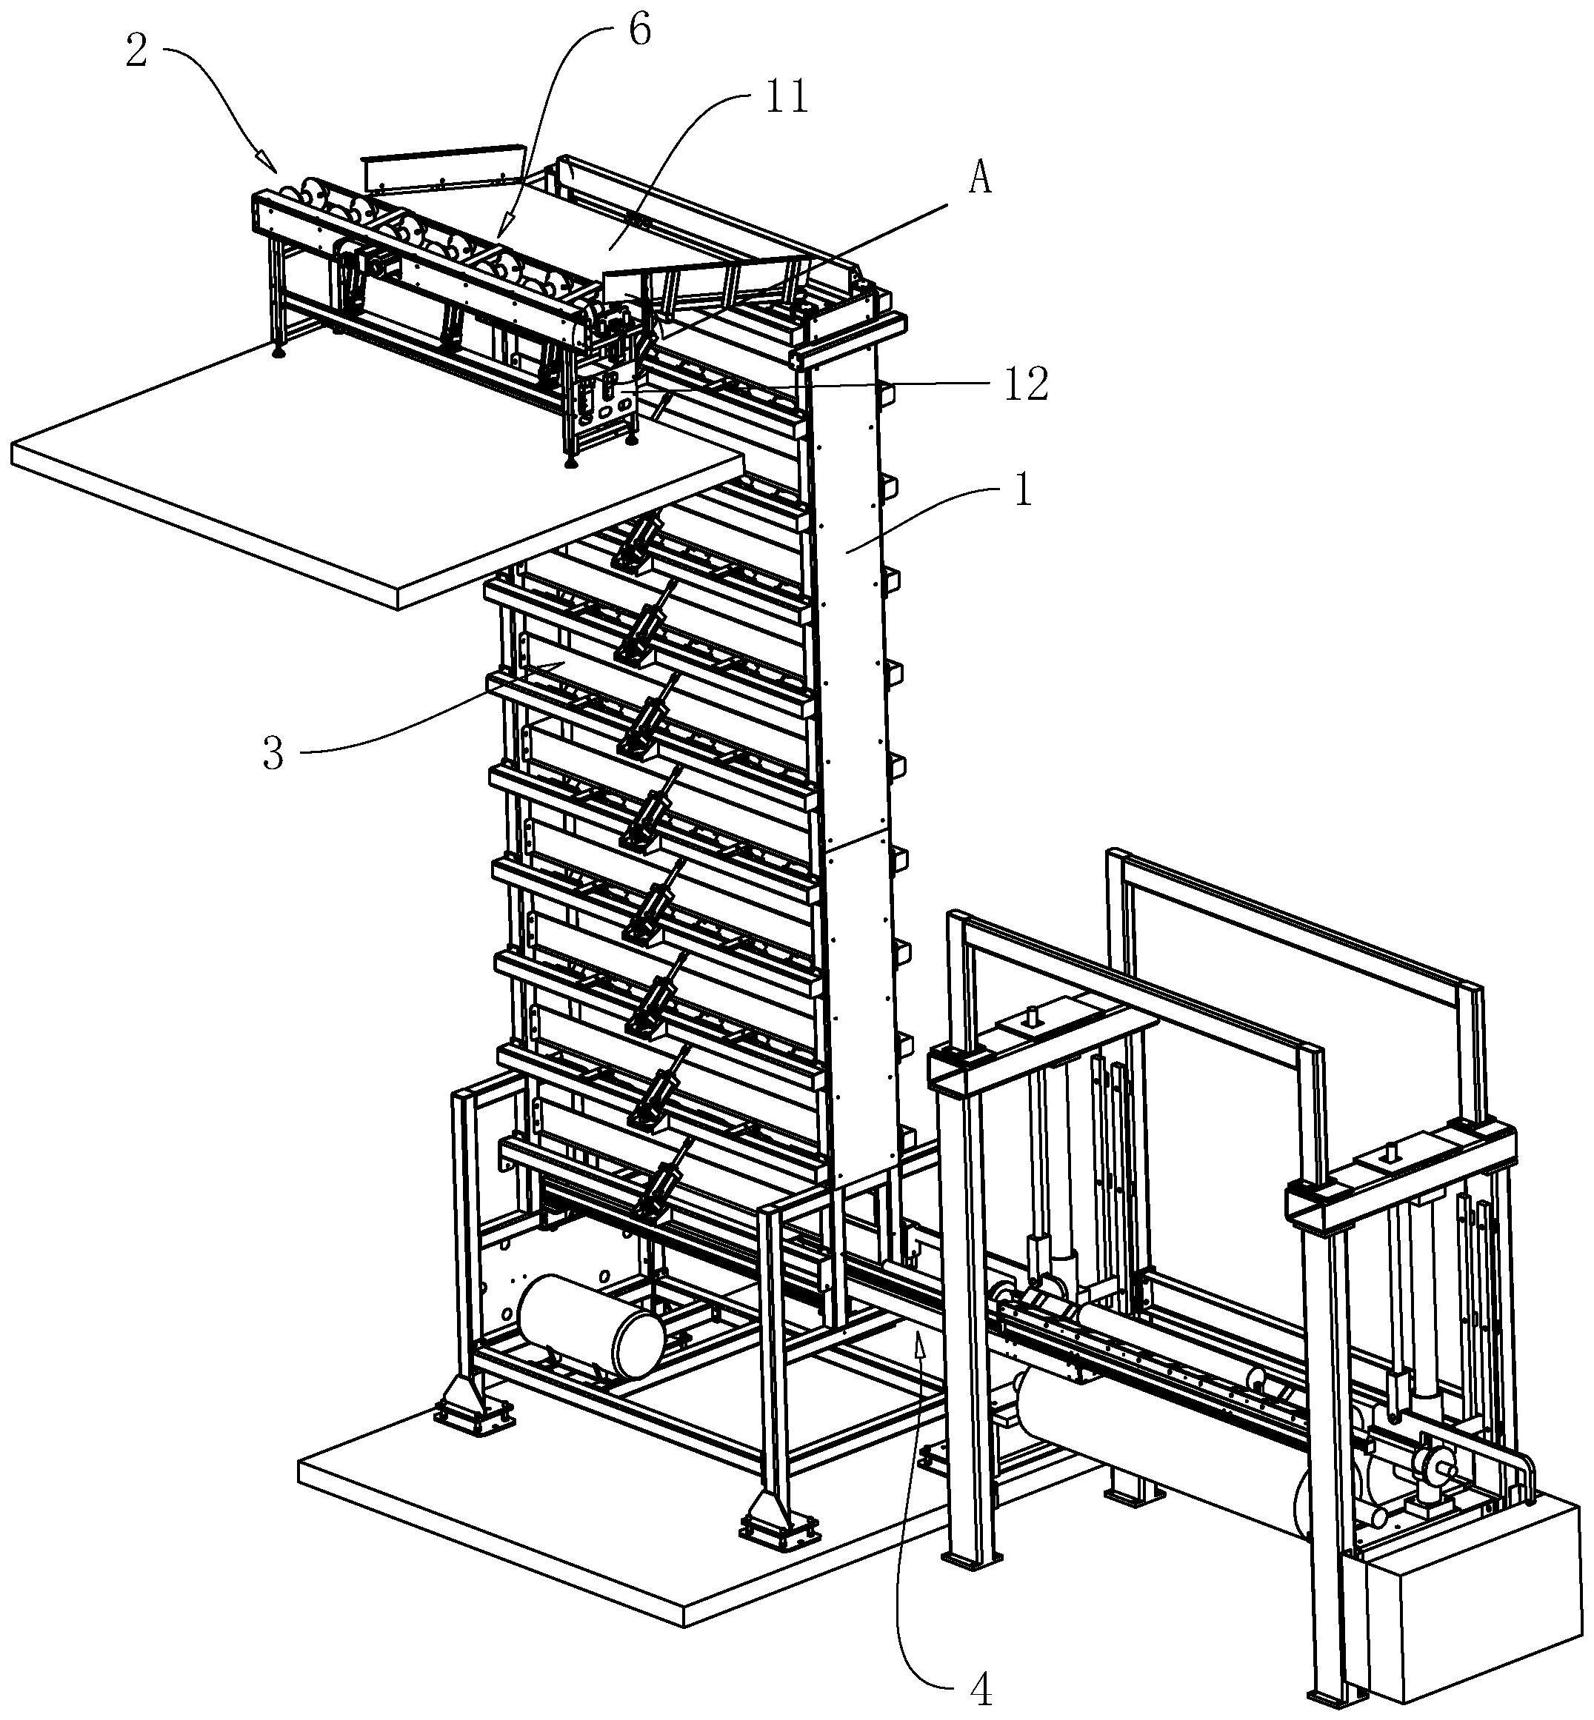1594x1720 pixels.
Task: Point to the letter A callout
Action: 980,178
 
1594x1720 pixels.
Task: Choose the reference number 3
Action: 273,754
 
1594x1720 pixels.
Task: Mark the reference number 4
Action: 981,1692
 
